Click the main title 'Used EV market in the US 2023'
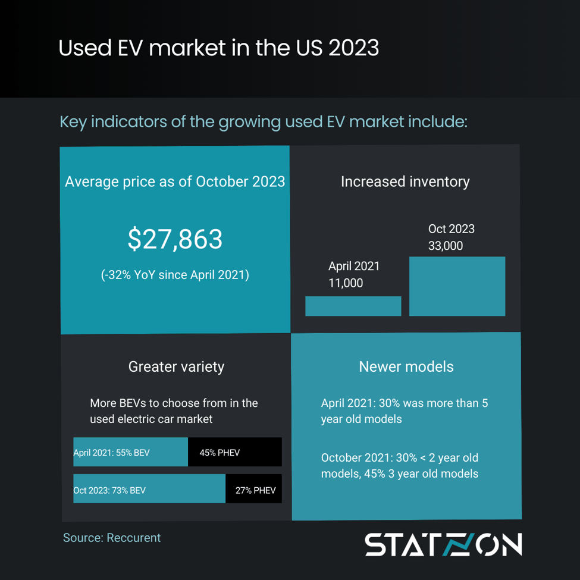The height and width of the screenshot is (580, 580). pyautogui.click(x=218, y=48)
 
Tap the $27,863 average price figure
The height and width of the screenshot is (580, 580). pyautogui.click(x=175, y=239)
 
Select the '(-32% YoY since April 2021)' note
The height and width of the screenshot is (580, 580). pyautogui.click(x=175, y=275)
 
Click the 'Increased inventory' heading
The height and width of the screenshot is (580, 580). pyautogui.click(x=405, y=181)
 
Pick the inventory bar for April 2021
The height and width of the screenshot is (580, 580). pyautogui.click(x=353, y=306)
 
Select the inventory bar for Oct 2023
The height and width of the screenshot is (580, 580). pyautogui.click(x=457, y=286)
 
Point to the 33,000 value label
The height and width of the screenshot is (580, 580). pyautogui.click(x=446, y=246)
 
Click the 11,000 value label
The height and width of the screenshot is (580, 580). pyautogui.click(x=346, y=283)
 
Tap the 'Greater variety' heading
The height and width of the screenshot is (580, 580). pyautogui.click(x=176, y=366)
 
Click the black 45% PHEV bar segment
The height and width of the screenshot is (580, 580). pyautogui.click(x=234, y=452)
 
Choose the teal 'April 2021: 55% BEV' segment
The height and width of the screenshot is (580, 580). pyautogui.click(x=130, y=452)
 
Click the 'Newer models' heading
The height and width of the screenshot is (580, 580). pyautogui.click(x=406, y=366)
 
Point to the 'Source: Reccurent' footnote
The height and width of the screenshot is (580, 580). pyautogui.click(x=112, y=538)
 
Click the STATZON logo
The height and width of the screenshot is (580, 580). pyautogui.click(x=443, y=545)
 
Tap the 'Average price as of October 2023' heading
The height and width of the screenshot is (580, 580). pyautogui.click(x=175, y=181)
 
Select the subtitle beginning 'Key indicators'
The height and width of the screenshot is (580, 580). pyautogui.click(x=264, y=122)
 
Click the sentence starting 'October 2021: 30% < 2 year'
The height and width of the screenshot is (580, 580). pyautogui.click(x=400, y=466)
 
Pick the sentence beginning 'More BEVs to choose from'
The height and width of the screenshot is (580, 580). pyautogui.click(x=174, y=410)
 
